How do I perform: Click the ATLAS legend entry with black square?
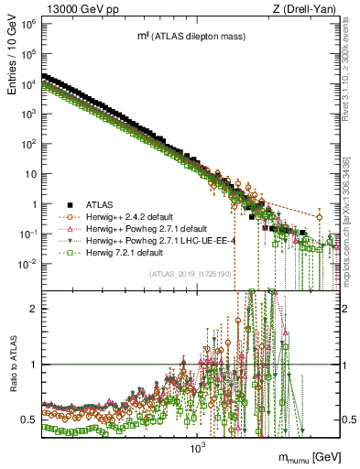click(102, 205)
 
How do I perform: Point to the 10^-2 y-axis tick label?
click(28, 264)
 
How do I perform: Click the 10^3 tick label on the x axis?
click(195, 448)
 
